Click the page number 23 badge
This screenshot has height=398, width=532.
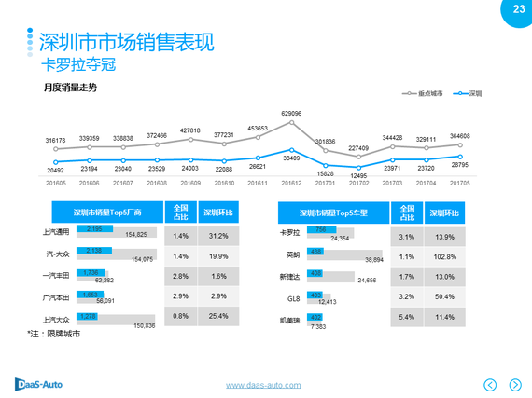click(518, 10)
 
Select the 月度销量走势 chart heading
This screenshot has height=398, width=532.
click(70, 89)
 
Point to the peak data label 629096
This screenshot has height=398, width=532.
click(292, 113)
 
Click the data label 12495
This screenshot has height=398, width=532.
click(358, 176)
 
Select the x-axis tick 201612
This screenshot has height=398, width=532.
click(292, 185)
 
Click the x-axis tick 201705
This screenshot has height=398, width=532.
click(459, 185)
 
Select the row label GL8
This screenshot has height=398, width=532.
click(294, 297)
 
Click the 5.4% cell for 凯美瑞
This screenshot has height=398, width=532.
click(407, 318)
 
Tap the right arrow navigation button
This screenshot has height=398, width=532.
click(514, 384)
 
